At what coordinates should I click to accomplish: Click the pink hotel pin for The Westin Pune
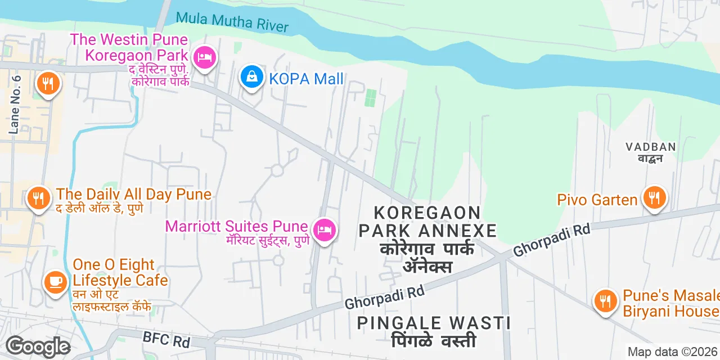[x=205, y=57]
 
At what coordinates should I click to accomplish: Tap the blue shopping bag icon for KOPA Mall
[x=252, y=77]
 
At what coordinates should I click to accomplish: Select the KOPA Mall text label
[x=306, y=79]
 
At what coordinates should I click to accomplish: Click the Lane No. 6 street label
[x=15, y=105]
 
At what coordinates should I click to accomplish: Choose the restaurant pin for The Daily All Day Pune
[x=38, y=198]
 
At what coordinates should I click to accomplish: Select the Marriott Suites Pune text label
[x=236, y=227]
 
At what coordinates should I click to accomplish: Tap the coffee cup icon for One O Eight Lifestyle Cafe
[x=55, y=281]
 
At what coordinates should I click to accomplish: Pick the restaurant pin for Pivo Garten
[x=655, y=197]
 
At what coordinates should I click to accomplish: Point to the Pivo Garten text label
[x=597, y=200]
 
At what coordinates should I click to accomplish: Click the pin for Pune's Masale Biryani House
[x=605, y=301]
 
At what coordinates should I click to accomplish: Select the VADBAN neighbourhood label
[x=650, y=147]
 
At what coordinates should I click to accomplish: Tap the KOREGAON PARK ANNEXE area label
[x=427, y=222]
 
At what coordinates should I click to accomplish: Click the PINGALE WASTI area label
[x=434, y=323]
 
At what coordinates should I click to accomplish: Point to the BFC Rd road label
[x=167, y=339]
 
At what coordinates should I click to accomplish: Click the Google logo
[x=38, y=347]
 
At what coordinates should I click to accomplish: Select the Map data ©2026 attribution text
[x=673, y=352]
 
